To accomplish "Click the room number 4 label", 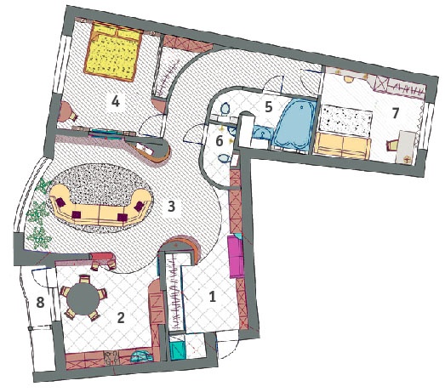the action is pos(115,101).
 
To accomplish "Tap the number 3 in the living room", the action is pos(171,207).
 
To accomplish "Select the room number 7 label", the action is pos(396,113).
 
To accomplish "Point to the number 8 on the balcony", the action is pos(40,303).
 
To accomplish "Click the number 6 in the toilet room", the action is pos(269,107).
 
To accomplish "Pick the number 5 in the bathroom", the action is pos(220,141).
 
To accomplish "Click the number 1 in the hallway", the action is pos(212,297).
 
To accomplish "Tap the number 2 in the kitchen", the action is pos(121,318).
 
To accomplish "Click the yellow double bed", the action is pos(112,52).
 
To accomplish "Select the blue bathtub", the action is pos(294,125).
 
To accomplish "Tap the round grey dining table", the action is pos(83,298).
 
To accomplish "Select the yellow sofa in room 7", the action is pos(343,145).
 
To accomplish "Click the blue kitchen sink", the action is pos(142,355).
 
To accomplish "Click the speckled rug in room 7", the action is pos(345,119).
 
